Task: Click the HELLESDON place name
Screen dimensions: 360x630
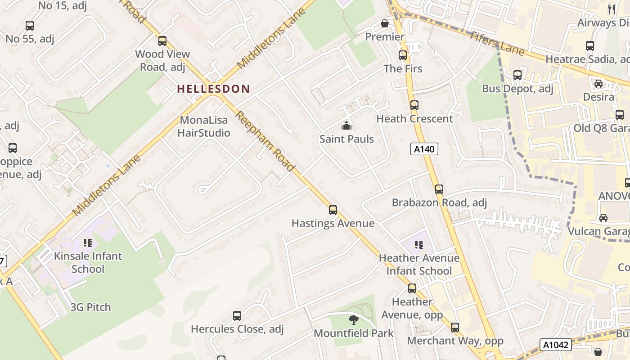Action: (x=213, y=89)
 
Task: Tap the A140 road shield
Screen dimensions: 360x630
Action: (x=424, y=149)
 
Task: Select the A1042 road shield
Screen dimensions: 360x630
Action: (x=556, y=345)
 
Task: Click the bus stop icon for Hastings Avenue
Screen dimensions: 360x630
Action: (x=333, y=210)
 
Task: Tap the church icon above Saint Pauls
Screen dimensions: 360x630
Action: (x=346, y=126)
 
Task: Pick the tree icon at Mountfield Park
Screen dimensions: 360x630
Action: (x=354, y=320)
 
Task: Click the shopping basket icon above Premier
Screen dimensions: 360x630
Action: (x=385, y=23)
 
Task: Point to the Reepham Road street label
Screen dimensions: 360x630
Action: (x=265, y=141)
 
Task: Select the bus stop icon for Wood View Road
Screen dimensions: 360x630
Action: (x=162, y=41)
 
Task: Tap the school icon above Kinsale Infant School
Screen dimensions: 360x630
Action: (x=88, y=243)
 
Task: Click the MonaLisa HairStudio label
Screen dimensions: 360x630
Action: (x=204, y=126)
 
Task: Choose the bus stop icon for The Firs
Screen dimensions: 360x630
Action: (x=403, y=55)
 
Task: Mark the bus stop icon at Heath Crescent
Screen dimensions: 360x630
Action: (x=414, y=105)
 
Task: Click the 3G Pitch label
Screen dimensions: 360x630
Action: (x=90, y=307)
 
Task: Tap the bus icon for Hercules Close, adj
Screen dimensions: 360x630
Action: (x=237, y=316)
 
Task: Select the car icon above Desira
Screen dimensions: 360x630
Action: (x=598, y=84)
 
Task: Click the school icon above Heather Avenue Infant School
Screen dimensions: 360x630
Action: (x=419, y=245)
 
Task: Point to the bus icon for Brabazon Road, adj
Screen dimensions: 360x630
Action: (x=439, y=189)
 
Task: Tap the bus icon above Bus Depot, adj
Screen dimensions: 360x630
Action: (x=517, y=75)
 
